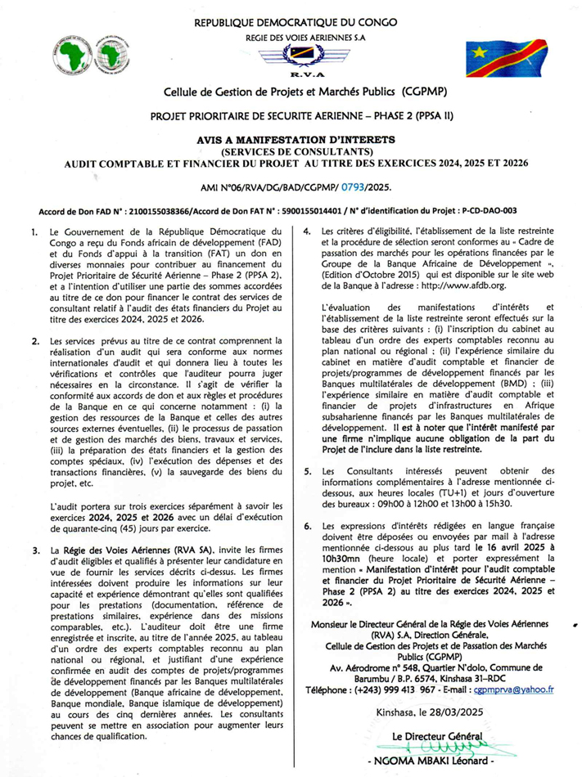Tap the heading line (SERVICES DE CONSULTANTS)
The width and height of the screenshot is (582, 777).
click(x=291, y=151)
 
